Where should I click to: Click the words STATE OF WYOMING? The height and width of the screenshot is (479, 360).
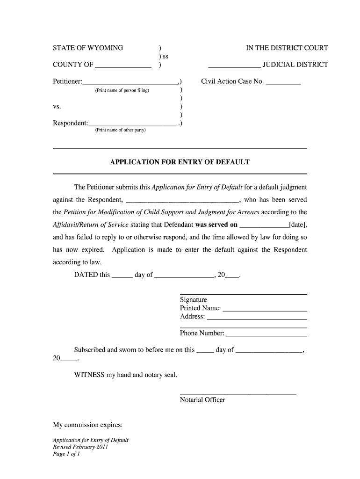[x=88, y=48]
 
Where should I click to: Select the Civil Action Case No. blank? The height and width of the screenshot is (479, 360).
[x=283, y=84]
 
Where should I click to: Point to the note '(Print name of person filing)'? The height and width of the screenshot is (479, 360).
[x=122, y=90]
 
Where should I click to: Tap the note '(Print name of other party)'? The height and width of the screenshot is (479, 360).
[x=120, y=130]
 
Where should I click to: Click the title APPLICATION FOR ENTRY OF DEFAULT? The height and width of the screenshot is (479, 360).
[x=180, y=162]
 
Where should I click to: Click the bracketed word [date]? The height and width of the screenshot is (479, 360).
[x=298, y=225]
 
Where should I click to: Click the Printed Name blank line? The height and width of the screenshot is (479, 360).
[x=265, y=310]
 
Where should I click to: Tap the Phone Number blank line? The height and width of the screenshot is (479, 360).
[x=266, y=335]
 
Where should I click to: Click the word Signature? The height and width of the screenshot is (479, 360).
[x=193, y=300]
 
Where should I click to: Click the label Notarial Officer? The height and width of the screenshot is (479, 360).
[x=202, y=400]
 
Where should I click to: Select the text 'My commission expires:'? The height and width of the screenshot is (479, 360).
[x=88, y=425]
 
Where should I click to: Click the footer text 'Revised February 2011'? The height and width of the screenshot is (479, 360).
[x=80, y=447]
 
